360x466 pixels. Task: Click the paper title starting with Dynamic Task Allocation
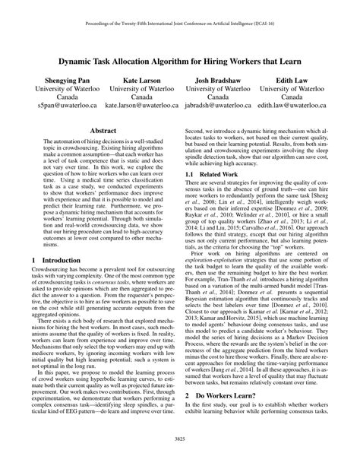point(180,57)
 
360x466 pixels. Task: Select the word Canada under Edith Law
point(291,97)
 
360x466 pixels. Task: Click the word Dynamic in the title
point(80,57)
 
